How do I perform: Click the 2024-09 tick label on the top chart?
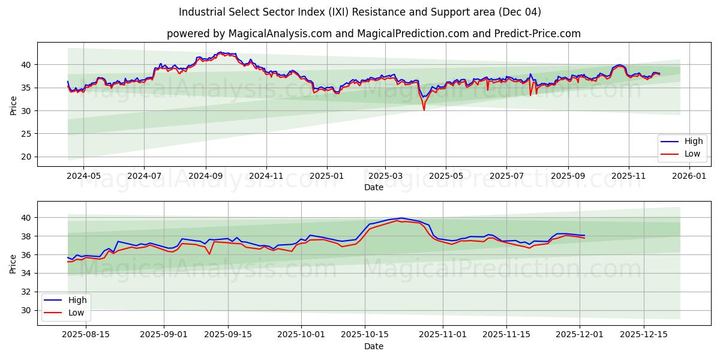pos(205,176)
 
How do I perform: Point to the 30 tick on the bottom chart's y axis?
pos(27,310)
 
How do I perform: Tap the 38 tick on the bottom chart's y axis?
pos(27,236)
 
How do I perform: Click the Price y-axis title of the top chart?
pos(13,105)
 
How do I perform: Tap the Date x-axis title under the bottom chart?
pos(373,346)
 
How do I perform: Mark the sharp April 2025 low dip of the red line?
pos(424,110)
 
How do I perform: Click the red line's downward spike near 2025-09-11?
pos(209,254)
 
